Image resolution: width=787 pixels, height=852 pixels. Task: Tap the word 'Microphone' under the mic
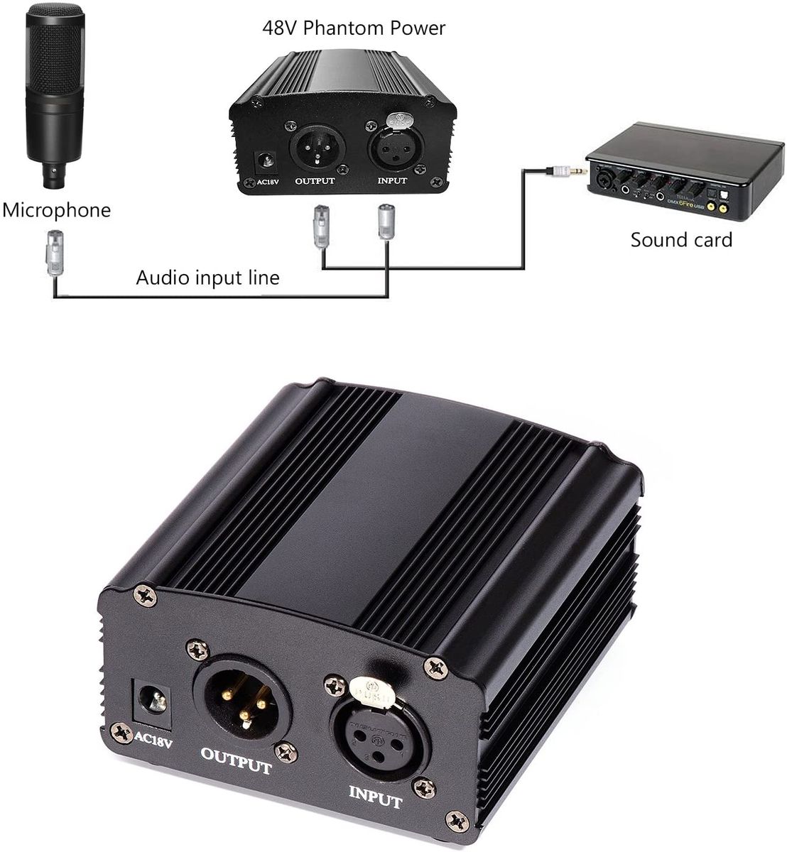(57, 210)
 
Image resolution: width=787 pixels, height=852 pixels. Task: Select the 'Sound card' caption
(680, 239)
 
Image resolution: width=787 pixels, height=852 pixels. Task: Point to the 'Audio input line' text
(207, 277)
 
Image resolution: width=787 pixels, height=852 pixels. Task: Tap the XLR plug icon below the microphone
(54, 251)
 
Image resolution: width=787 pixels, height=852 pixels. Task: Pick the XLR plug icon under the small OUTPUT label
(320, 226)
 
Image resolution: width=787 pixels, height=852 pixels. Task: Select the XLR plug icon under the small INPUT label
(387, 224)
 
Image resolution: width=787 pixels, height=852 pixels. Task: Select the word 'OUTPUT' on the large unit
(237, 758)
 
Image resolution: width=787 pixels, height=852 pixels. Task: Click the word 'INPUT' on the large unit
(374, 796)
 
